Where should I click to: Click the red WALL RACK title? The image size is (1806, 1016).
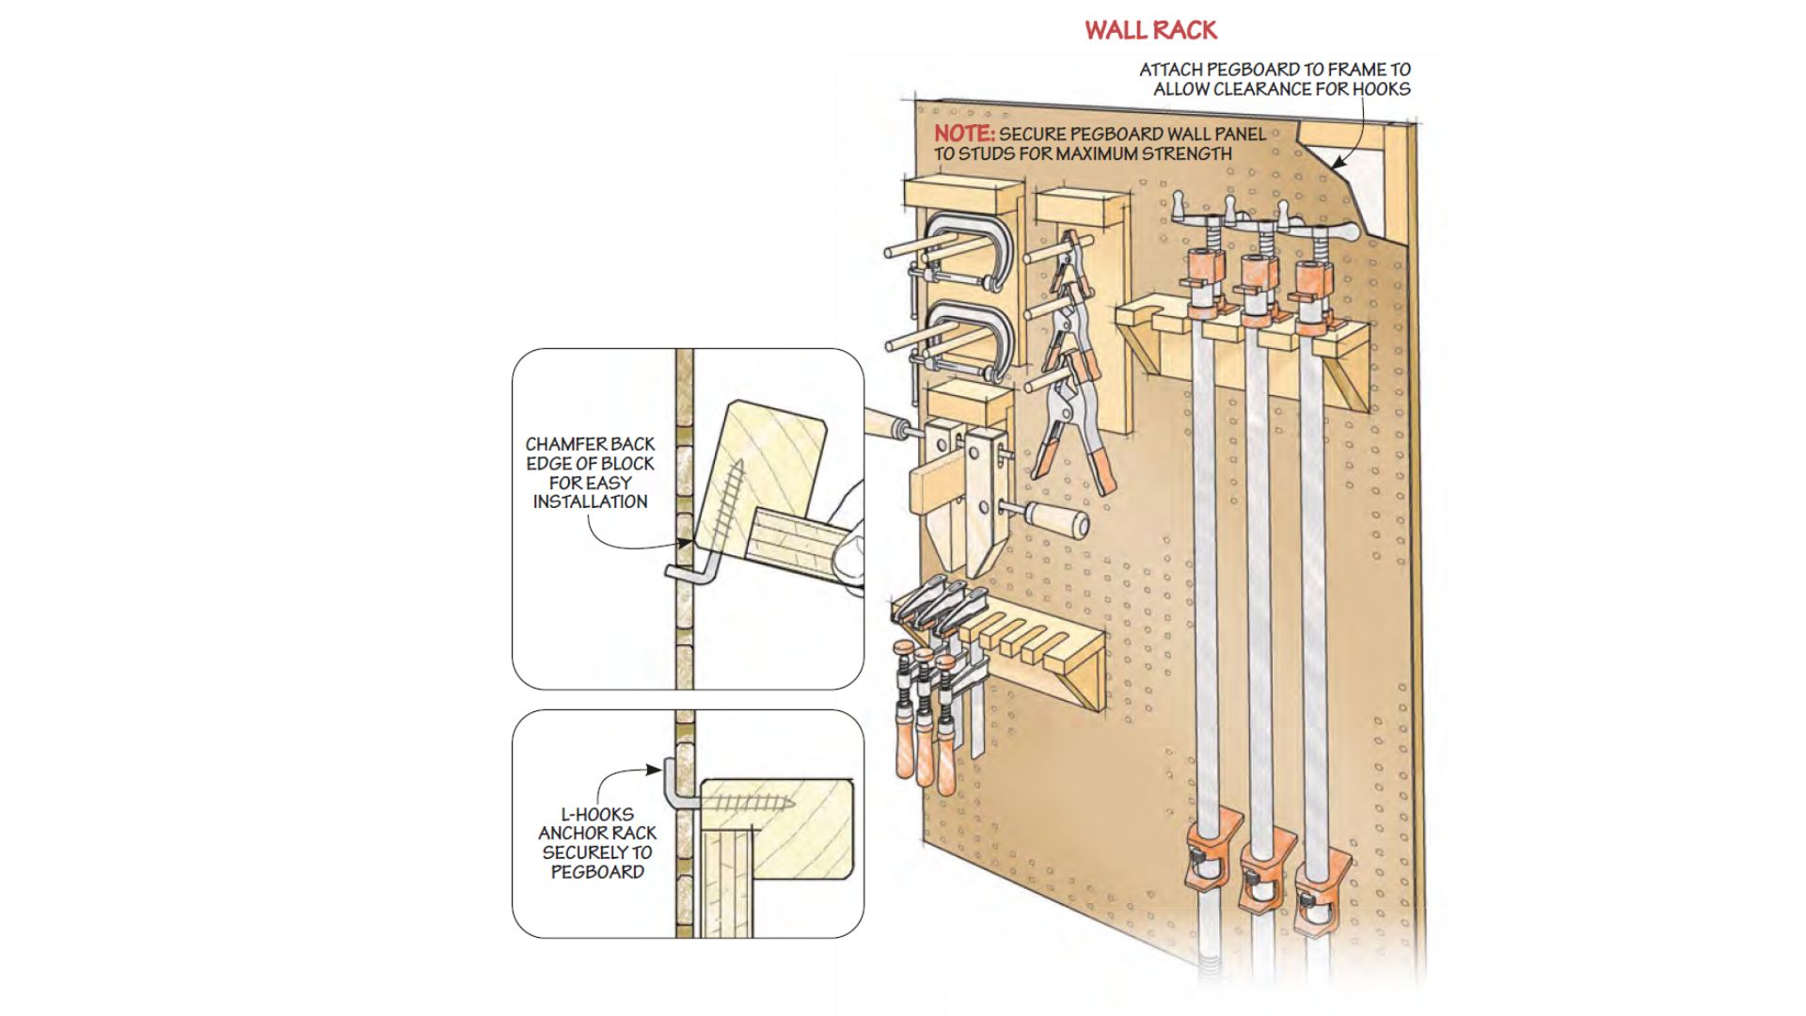click(x=1150, y=30)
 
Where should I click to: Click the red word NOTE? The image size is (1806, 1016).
click(x=963, y=134)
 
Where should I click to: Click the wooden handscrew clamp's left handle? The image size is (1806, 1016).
click(x=884, y=424)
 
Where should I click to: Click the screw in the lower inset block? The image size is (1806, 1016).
click(x=748, y=803)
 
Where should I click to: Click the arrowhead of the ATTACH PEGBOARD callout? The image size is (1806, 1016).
click(x=1338, y=164)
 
